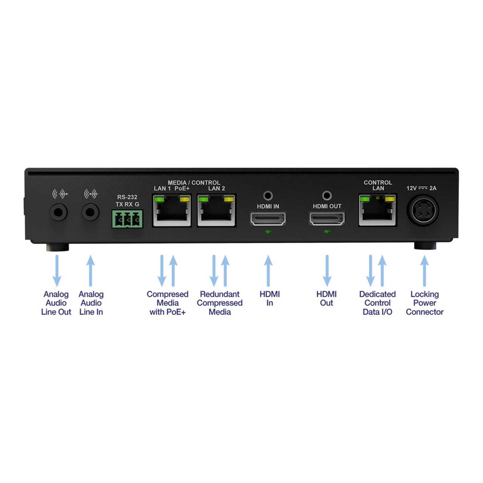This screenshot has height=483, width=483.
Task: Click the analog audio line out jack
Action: pyautogui.click(x=58, y=212)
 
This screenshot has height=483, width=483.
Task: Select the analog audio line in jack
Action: pyautogui.click(x=90, y=212)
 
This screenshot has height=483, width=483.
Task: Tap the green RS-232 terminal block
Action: pyautogui.click(x=127, y=219)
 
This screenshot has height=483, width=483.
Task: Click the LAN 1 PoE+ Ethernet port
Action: pyautogui.click(x=172, y=211)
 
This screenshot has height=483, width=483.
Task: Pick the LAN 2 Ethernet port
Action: pyautogui.click(x=217, y=211)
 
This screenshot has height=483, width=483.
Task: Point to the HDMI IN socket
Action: pyautogui.click(x=268, y=218)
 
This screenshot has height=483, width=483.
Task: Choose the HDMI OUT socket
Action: pyautogui.click(x=327, y=218)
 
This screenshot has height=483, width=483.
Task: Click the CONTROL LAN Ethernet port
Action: pyautogui.click(x=378, y=210)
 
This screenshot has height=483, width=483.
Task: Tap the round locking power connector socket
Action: pyautogui.click(x=423, y=211)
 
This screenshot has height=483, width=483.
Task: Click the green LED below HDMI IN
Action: pyautogui.click(x=268, y=232)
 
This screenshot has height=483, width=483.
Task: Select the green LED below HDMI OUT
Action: pyautogui.click(x=327, y=232)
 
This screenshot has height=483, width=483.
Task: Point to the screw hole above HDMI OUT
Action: pyautogui.click(x=327, y=195)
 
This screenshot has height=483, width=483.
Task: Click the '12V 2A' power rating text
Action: pyautogui.click(x=421, y=188)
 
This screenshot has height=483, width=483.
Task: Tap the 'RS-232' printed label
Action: pyautogui.click(x=127, y=197)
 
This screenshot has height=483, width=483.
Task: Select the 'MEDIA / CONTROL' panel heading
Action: pyautogui.click(x=194, y=183)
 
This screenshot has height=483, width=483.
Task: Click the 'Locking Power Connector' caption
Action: pyautogui.click(x=425, y=303)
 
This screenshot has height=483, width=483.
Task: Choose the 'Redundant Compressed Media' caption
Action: pyautogui.click(x=220, y=303)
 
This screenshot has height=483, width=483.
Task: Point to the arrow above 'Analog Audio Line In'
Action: pyautogui.click(x=91, y=271)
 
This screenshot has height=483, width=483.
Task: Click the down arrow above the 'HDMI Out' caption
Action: pyautogui.click(x=327, y=271)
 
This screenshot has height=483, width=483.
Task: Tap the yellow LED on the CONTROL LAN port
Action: pyautogui.click(x=390, y=199)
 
